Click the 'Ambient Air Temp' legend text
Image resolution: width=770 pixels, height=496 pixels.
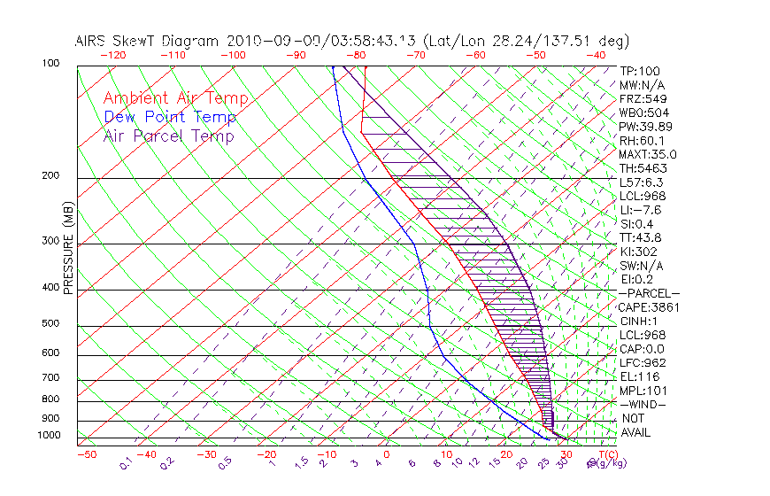[x=175, y=98]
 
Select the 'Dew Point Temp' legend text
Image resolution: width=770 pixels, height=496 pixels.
[x=170, y=117]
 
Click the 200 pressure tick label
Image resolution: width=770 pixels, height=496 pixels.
[x=50, y=176]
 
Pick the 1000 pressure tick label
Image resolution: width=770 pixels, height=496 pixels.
[x=48, y=436]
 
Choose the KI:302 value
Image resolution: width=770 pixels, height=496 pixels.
[x=638, y=252]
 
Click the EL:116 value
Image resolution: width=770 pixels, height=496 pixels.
[x=638, y=376]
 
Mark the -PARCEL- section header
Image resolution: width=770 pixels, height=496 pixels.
[x=650, y=293]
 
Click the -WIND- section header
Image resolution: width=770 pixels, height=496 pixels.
[x=643, y=404]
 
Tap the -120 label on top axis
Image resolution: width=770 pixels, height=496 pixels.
[x=112, y=55]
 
